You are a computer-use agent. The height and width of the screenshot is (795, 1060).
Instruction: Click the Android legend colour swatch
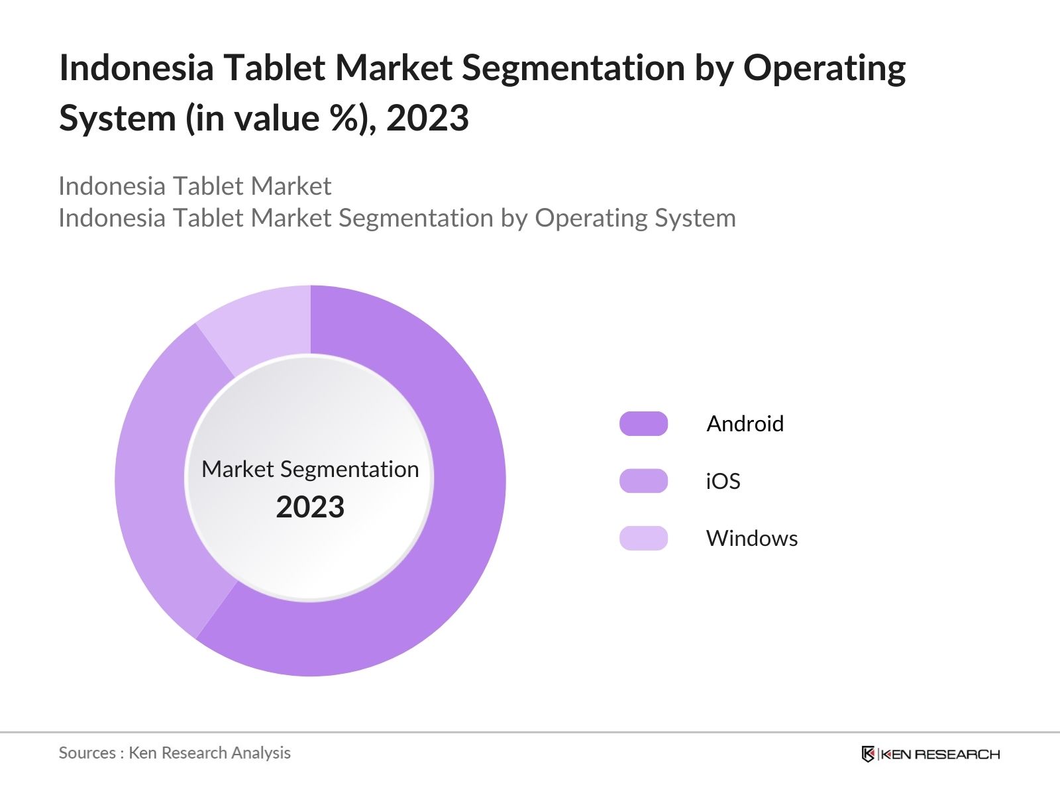click(643, 424)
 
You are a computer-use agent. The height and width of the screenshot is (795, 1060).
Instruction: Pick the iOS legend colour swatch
click(643, 481)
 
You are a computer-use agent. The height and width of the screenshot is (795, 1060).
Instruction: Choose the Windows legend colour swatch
click(643, 538)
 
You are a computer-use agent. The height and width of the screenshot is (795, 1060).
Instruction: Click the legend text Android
click(745, 424)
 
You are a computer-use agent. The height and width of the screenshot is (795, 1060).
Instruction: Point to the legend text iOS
click(723, 481)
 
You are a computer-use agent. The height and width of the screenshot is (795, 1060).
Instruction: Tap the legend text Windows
click(751, 538)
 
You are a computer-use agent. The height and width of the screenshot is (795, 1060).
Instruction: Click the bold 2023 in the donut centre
click(310, 507)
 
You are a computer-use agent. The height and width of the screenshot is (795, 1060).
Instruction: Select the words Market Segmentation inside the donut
click(310, 469)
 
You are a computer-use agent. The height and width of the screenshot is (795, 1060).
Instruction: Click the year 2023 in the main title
click(427, 119)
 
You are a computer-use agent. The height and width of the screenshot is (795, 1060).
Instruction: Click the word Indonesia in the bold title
click(136, 68)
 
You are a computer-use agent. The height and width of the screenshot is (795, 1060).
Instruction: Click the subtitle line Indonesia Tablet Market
click(195, 186)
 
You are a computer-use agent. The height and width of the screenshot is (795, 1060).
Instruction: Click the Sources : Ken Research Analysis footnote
click(174, 753)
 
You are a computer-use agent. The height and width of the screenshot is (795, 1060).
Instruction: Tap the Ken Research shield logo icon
click(868, 754)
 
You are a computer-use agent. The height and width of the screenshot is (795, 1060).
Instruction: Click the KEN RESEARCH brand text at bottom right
click(940, 754)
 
